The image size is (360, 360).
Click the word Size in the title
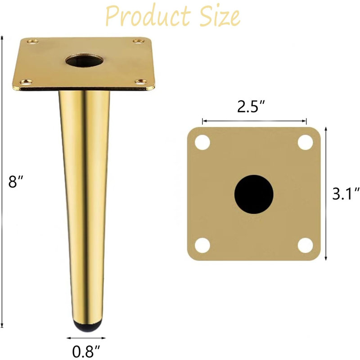coord(220,16)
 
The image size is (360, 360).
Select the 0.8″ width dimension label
coord(86,351)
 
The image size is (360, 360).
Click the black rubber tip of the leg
coord(87,325)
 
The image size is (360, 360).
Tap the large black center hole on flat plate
coord(254,194)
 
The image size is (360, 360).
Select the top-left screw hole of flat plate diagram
coord(202,142)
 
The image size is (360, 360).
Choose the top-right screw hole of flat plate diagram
coord(306,142)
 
